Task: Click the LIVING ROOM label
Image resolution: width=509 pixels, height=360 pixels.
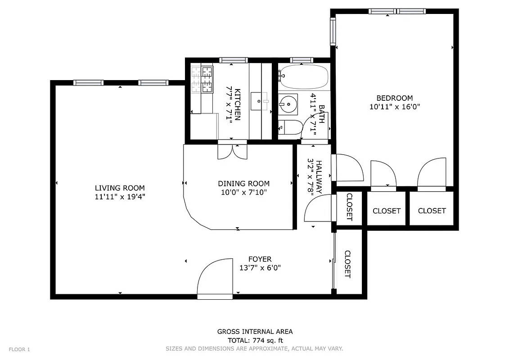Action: (120, 188)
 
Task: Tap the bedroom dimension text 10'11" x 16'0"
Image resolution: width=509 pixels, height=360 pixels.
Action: (395, 107)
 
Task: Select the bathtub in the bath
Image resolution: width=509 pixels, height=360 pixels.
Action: (303, 77)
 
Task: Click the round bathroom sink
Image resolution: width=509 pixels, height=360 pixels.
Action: (288, 104)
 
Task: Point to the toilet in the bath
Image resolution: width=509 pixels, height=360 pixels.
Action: (288, 128)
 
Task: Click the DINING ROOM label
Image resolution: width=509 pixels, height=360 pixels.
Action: (243, 184)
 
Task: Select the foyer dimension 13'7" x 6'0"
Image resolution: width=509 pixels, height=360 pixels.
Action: (260, 268)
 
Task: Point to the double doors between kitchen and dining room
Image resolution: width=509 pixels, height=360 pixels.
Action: (232, 151)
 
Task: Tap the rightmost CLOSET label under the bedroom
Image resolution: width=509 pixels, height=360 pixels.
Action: (432, 211)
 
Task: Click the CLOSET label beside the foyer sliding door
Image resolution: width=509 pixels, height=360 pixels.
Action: (347, 264)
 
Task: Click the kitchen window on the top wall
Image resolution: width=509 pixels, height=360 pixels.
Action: (233, 60)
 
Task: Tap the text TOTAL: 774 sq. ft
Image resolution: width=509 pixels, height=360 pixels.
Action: (255, 341)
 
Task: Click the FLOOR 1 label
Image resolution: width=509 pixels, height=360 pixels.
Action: (19, 349)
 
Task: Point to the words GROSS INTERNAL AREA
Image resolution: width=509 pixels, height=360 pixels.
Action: (255, 332)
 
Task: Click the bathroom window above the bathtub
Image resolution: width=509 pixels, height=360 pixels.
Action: (302, 60)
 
